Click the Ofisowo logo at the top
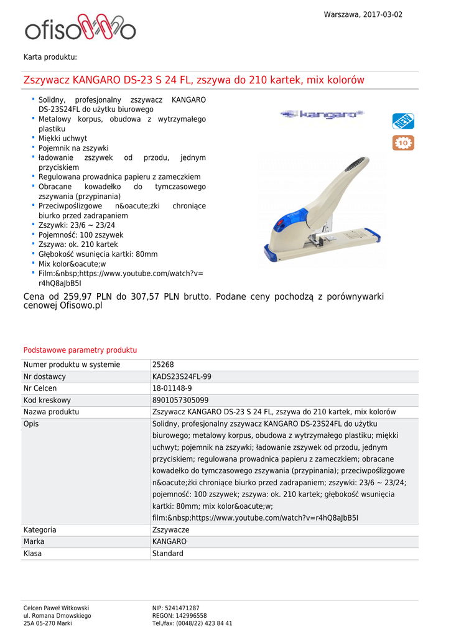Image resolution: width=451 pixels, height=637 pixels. click(x=80, y=28)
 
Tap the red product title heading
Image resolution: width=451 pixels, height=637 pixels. click(x=193, y=80)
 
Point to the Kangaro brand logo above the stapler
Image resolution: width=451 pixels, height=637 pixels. click(x=322, y=114)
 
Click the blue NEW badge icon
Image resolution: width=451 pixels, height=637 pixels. click(x=403, y=121)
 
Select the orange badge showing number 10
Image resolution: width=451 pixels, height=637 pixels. click(x=403, y=143)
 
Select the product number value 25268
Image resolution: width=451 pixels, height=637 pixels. click(x=163, y=365)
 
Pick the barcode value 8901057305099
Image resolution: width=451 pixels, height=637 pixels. click(x=180, y=401)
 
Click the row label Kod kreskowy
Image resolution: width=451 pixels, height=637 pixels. click(x=47, y=401)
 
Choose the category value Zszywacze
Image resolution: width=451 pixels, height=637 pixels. click(x=171, y=530)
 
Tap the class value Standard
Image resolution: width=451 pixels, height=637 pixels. click(x=168, y=554)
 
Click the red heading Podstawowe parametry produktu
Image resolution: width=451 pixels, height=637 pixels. click(x=80, y=350)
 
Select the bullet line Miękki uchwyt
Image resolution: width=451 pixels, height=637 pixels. click(x=63, y=138)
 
